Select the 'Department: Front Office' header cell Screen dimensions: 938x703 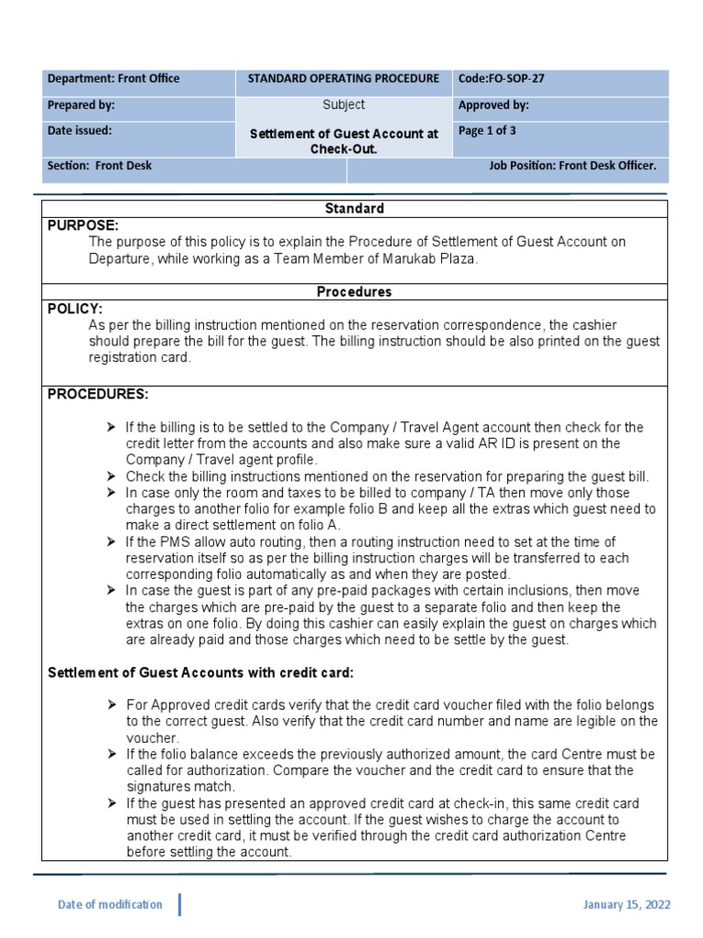point(114,79)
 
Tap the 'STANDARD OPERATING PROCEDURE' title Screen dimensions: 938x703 point(343,79)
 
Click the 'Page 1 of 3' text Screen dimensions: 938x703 point(487,131)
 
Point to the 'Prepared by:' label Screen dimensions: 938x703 point(81,105)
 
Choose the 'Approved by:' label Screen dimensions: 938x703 point(493,105)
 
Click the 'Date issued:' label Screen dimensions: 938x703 point(80,131)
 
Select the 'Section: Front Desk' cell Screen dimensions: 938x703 point(100,166)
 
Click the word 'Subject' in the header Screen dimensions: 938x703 point(343,105)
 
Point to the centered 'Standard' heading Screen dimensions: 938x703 point(354,209)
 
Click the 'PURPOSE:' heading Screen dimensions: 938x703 point(83,225)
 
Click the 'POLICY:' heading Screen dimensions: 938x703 point(75,309)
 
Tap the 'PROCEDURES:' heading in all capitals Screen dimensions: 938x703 point(98,394)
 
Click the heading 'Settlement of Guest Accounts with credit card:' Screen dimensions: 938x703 point(200,672)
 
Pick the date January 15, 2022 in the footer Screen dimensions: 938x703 point(627,905)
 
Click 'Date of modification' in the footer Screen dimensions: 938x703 point(110,905)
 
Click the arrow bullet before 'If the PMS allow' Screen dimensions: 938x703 point(111,542)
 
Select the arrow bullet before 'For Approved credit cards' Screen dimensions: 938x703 point(111,704)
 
